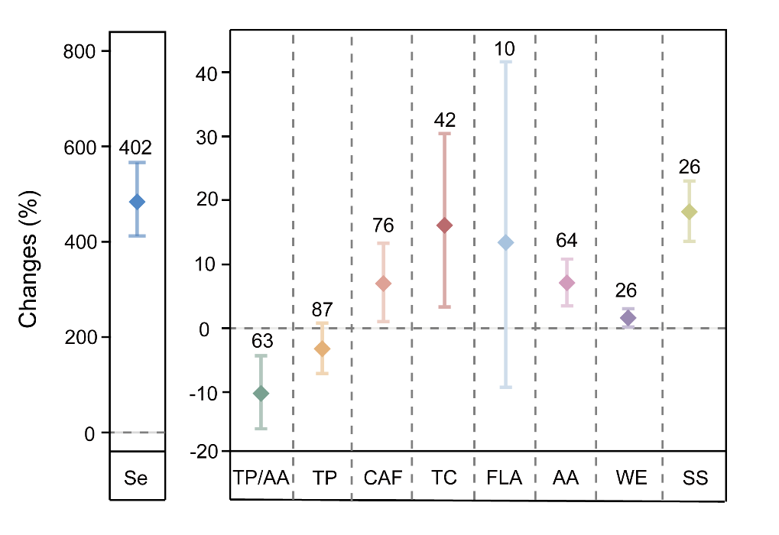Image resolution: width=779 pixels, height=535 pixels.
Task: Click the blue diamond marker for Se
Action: point(137,202)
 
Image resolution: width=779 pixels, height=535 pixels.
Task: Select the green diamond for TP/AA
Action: point(261,394)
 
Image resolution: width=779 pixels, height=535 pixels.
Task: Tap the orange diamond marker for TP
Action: point(323,349)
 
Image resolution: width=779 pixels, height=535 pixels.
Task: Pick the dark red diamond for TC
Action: point(444,225)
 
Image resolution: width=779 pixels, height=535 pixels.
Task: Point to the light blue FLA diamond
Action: point(505,243)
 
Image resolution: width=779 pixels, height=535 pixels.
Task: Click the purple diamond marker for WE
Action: point(628,318)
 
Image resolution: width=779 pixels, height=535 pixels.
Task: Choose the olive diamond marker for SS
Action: point(689,212)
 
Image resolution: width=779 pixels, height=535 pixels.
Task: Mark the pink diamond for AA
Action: point(566,283)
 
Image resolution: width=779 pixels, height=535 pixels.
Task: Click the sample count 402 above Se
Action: point(136,148)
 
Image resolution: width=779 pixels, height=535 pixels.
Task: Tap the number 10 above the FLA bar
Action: point(505,50)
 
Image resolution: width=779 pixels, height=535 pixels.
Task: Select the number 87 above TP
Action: point(322,310)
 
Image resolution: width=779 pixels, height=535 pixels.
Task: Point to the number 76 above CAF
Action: point(383,225)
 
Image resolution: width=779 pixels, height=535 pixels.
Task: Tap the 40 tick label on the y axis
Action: point(209,73)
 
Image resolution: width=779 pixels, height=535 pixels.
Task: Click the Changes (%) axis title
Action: point(29,259)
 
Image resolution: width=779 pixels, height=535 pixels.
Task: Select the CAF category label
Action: point(382,478)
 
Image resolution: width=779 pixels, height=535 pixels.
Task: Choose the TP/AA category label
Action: point(261,478)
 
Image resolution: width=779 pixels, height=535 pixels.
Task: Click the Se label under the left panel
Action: point(136,478)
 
